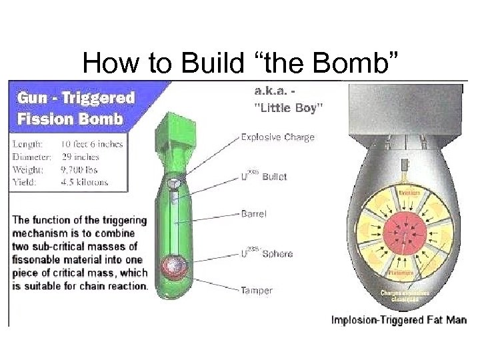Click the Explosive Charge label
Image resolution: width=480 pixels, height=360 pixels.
(x=277, y=137)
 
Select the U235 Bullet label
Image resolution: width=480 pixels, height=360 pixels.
(x=264, y=177)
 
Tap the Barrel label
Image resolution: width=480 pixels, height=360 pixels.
(x=253, y=214)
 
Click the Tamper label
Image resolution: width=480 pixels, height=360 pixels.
(x=256, y=291)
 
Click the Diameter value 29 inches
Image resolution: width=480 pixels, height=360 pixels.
(x=79, y=157)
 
